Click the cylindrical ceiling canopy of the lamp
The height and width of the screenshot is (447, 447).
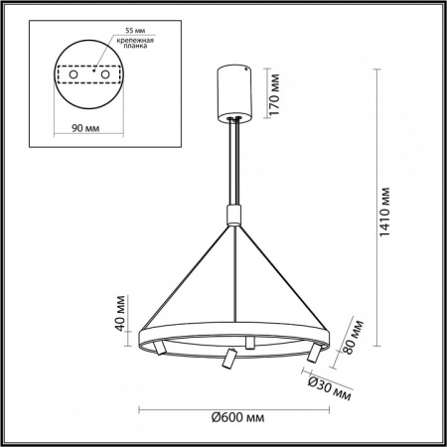tap(235, 88)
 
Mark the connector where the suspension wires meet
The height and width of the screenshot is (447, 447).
tap(235, 215)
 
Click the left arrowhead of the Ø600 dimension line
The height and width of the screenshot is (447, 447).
tap(138, 410)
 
